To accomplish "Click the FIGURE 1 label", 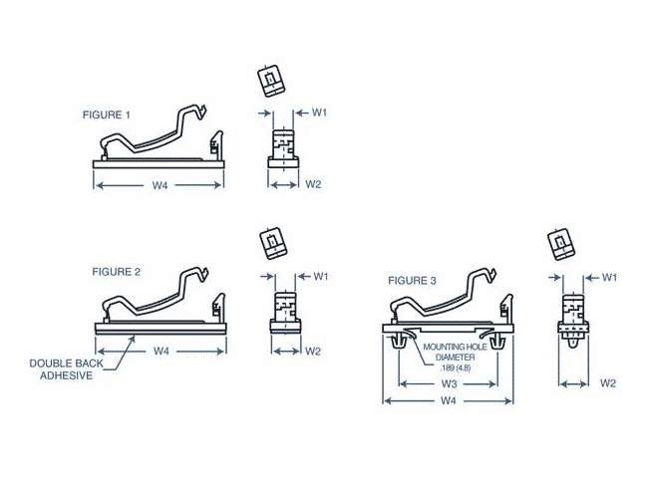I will (x=106, y=115).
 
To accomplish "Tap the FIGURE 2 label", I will (x=117, y=271).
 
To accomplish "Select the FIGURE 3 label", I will (x=412, y=281).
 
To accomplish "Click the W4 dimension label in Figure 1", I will (x=160, y=185).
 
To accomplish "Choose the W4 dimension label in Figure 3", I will (x=449, y=401).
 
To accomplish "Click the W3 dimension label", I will (x=449, y=382).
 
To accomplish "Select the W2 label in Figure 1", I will (x=313, y=184).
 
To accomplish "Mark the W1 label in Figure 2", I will (x=321, y=276).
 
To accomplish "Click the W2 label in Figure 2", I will (x=313, y=351).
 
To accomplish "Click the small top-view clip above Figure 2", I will (x=270, y=241).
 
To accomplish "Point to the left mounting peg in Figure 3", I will (x=400, y=341).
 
